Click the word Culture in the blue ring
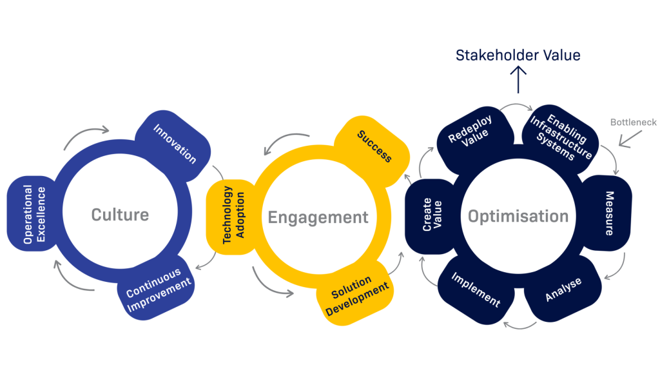click(x=120, y=215)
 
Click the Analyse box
click(x=563, y=290)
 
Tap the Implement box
click(x=475, y=290)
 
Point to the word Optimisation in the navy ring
click(x=518, y=216)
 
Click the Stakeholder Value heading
click(x=518, y=55)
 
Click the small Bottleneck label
click(x=633, y=122)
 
